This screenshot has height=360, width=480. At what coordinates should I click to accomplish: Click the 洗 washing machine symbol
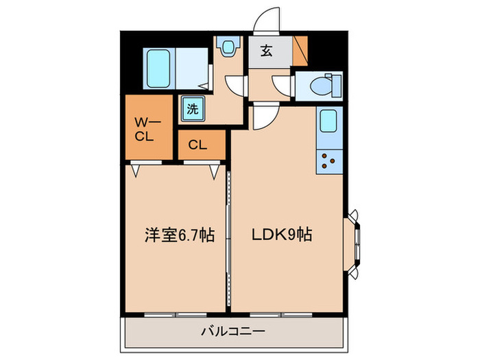point(192,108)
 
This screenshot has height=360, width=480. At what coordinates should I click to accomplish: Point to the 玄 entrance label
point(267,51)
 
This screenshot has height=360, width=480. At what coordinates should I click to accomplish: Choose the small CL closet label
point(197,145)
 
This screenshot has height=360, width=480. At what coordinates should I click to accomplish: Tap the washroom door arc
point(235,85)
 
